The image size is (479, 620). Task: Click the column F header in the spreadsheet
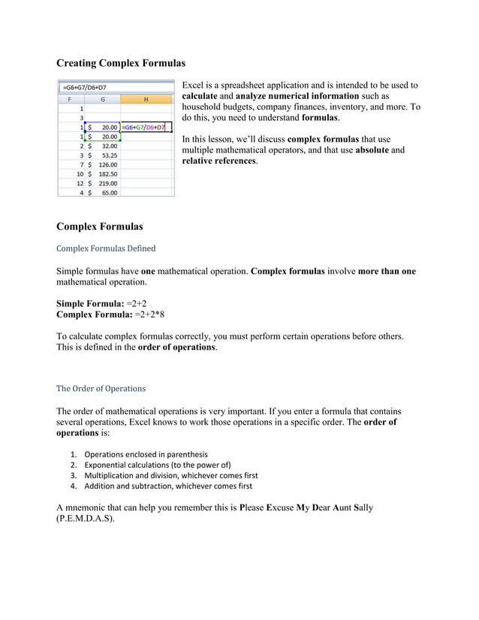pos(71,98)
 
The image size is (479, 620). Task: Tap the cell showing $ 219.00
pos(103,182)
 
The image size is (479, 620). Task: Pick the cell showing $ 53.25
pos(103,155)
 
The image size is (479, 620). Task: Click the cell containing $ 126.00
pos(103,164)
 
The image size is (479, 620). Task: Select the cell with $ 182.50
pos(103,173)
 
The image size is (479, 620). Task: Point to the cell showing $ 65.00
pos(103,192)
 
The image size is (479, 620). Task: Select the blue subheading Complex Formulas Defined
pos(106,248)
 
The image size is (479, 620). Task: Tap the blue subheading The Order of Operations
pos(101,389)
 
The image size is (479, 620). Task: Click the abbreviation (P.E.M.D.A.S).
pos(86,519)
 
